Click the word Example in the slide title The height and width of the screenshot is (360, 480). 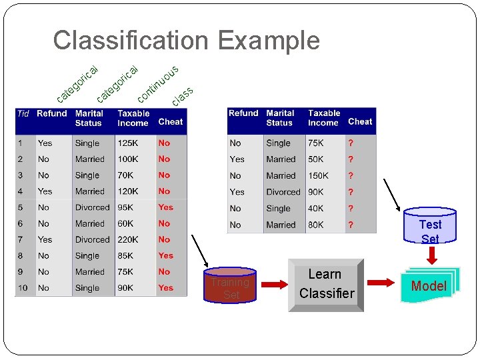point(268,41)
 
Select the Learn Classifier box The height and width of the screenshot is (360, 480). point(326,285)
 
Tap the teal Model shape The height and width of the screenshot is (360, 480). point(429,286)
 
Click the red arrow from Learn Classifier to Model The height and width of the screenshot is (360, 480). point(382,283)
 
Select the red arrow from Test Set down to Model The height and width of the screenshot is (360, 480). point(430,254)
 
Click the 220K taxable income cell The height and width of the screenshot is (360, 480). point(129,239)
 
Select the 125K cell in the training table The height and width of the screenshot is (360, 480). point(129,143)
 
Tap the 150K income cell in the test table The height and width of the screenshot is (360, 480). point(318,175)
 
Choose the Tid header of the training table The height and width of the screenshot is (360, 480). point(23,113)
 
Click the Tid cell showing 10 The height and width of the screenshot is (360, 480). point(23,288)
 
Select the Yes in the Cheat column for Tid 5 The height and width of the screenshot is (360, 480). point(165,207)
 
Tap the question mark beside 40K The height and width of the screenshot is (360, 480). point(351,208)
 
